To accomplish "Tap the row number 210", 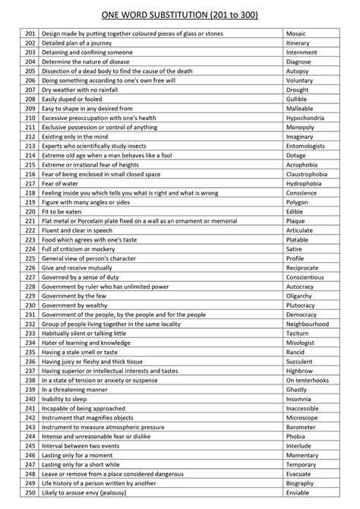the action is [x=30, y=119].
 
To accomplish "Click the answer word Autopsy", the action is [x=298, y=71].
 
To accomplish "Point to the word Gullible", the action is [x=298, y=100].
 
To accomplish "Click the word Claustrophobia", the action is [x=308, y=174].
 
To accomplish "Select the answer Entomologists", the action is [x=305, y=146].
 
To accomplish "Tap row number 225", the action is [x=30, y=258].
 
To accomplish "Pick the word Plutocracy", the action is [x=302, y=304].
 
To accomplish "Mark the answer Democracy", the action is [x=302, y=314].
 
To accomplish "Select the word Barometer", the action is [x=301, y=425].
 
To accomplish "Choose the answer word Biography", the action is [x=300, y=482].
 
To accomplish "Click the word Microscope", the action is [x=302, y=416].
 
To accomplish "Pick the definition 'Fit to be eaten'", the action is [x=65, y=211].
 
